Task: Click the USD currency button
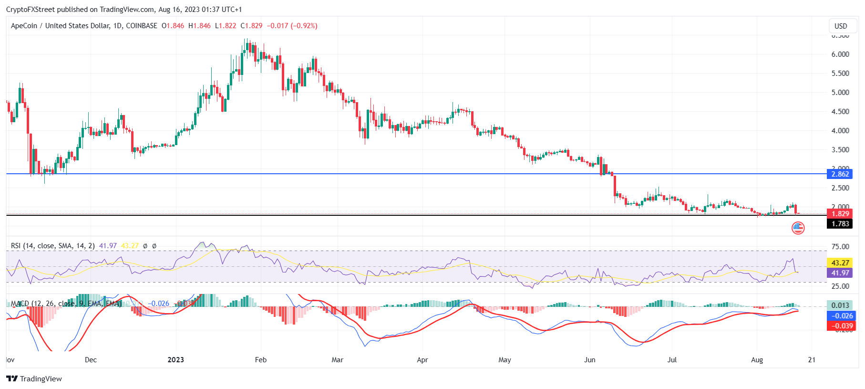[841, 26]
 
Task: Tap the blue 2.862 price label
[840, 174]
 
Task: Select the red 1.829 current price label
[840, 214]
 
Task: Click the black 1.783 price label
[840, 224]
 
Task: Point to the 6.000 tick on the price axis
[840, 54]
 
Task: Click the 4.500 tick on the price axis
[840, 112]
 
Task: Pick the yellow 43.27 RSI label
[840, 263]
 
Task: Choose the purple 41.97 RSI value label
[840, 273]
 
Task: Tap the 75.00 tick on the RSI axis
[840, 247]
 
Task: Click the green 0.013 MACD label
[840, 305]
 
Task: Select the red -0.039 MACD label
[840, 326]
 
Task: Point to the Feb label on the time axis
[261, 360]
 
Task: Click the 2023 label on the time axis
[176, 360]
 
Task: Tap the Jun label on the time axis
[590, 360]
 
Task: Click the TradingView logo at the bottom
[34, 379]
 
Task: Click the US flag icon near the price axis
[798, 228]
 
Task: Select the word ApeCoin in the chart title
[24, 26]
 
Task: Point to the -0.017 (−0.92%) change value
[292, 26]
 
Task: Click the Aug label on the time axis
[757, 360]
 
